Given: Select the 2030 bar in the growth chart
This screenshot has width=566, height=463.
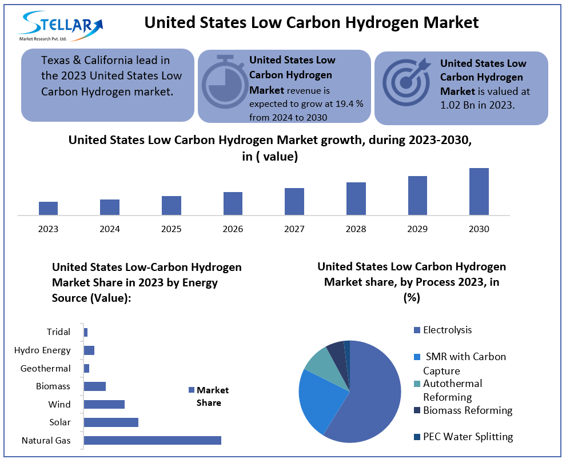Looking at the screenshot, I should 479,191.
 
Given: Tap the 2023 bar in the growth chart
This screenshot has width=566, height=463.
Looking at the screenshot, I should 48,208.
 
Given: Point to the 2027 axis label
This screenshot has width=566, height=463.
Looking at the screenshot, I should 294,229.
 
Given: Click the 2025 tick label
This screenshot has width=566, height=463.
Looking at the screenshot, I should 171,229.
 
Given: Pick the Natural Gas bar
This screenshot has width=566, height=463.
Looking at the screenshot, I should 152,440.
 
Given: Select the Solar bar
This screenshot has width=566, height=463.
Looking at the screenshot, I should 111,422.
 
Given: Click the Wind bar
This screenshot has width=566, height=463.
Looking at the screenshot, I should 104,404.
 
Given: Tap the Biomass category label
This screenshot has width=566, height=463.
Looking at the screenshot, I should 53,386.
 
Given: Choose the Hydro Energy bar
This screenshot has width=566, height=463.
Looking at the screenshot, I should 89,350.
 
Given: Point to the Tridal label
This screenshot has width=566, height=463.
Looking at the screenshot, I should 58,332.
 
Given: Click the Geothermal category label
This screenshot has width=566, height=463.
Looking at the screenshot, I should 45,369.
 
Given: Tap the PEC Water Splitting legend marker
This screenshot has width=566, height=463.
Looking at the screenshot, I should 417,437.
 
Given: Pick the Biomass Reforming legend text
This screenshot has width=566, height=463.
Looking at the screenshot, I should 468,410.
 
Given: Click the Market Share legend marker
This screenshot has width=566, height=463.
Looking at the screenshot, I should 191,390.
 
